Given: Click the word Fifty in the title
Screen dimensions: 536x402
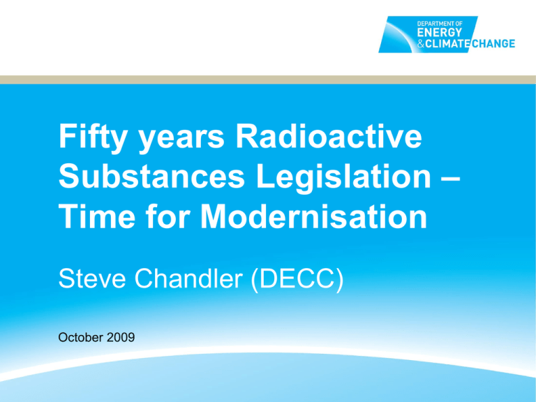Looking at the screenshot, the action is (x=93, y=137).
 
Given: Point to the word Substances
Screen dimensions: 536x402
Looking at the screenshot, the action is (x=151, y=177).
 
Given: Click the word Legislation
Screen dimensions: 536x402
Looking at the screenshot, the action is (x=343, y=178).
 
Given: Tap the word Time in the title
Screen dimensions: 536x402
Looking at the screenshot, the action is (x=97, y=216).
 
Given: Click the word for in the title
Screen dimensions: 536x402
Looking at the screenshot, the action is (x=167, y=216).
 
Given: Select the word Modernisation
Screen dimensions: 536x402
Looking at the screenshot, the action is (x=314, y=216).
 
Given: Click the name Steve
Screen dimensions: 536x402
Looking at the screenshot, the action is (x=92, y=279).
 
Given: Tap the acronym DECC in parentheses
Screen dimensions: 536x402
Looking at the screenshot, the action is (x=297, y=279).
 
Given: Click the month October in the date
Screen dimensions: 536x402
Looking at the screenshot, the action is (x=81, y=337).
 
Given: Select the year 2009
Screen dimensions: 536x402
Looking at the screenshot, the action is (x=121, y=337).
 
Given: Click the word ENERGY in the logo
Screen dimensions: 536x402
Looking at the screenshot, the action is (x=439, y=33).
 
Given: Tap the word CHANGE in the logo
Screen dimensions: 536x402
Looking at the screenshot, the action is (x=493, y=43).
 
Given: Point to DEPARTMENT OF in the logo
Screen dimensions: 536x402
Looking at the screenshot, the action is (x=440, y=24).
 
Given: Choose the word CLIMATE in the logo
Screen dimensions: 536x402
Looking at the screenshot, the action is (x=448, y=43).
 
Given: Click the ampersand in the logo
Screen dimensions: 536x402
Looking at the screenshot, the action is (x=421, y=44).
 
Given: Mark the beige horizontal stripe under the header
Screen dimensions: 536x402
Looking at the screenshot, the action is (x=268, y=80).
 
